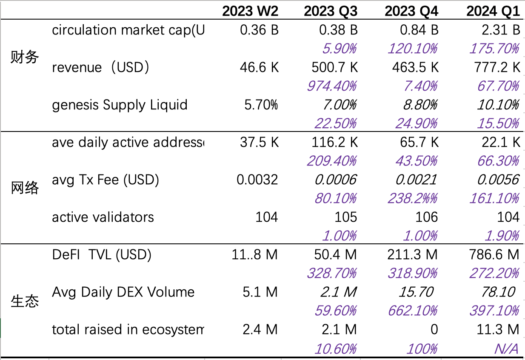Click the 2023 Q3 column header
(330, 11)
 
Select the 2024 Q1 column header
(493, 11)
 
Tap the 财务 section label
(25, 57)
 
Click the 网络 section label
(25, 188)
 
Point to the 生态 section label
(25, 301)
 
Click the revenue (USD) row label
(100, 67)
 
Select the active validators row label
(103, 217)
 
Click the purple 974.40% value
(332, 86)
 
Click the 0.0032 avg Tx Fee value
(257, 180)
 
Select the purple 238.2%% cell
(412, 199)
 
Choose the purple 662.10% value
(412, 311)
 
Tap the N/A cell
(506, 349)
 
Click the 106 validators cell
(426, 217)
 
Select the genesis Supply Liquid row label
(120, 105)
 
